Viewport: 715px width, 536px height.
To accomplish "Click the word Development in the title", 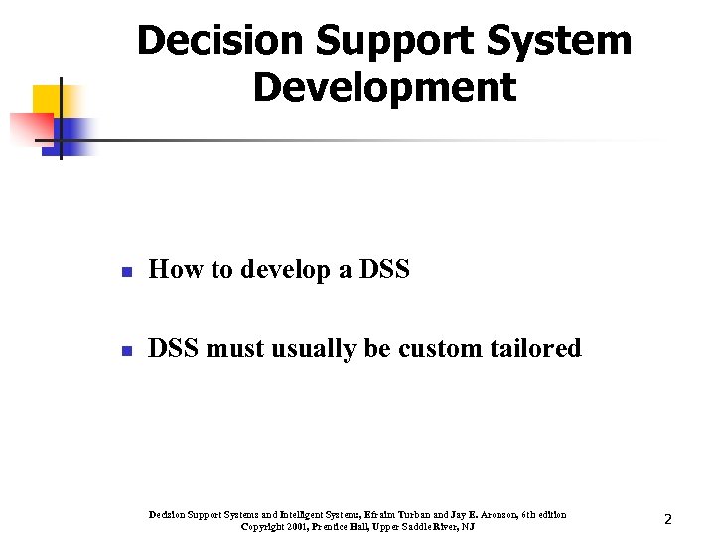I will pos(384,87).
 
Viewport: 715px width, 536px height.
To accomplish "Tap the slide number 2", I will pos(668,519).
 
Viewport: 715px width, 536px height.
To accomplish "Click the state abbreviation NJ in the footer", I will pos(468,526).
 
